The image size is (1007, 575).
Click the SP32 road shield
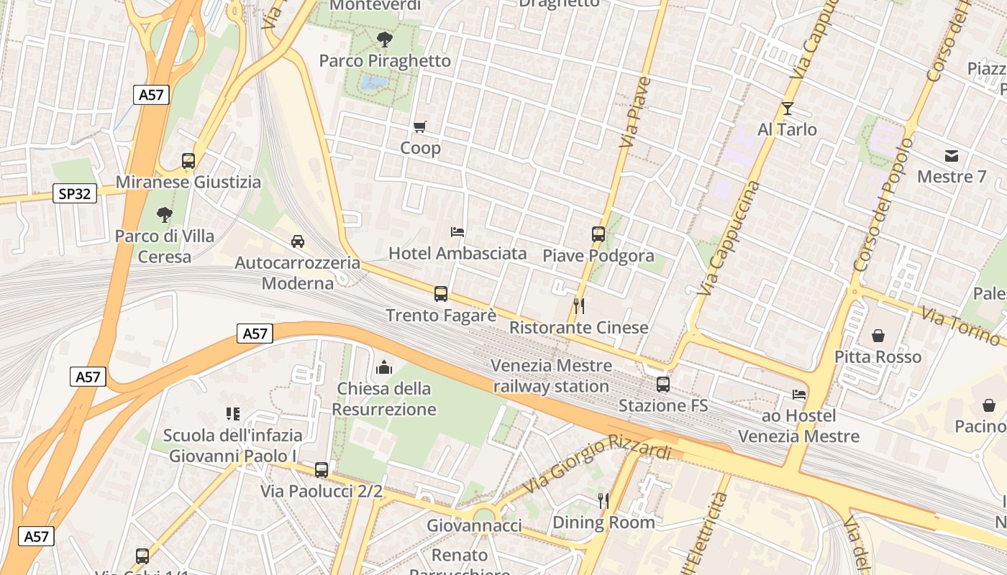point(75,193)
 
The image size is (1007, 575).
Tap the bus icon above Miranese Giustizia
point(188,161)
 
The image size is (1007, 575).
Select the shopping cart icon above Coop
point(420,127)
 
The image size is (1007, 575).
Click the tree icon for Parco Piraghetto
point(385,39)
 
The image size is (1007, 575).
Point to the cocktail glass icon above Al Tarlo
point(787,109)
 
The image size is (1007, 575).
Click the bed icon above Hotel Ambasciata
point(457,232)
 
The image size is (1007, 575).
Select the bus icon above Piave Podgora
point(598,234)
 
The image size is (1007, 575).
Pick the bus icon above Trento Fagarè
point(441,294)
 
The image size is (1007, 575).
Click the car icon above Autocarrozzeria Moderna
point(298,241)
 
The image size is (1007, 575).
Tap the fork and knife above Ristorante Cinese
point(578,306)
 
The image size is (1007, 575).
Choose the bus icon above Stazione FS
point(663,385)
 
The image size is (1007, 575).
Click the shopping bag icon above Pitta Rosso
point(878,336)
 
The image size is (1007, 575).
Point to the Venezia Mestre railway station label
point(551,376)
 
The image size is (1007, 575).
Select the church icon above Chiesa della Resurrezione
point(384,368)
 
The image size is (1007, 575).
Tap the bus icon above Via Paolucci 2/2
point(322,470)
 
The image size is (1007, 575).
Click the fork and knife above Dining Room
point(603,500)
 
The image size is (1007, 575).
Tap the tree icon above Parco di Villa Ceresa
point(165,214)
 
